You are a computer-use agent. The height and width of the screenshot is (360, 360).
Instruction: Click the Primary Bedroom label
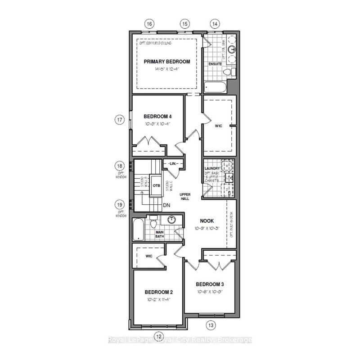click(166, 62)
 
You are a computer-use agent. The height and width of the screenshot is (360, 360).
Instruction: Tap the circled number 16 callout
click(150, 23)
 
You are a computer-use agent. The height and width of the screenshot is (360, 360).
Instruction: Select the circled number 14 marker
click(215, 23)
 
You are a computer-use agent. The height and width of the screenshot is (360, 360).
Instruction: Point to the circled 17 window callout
click(119, 120)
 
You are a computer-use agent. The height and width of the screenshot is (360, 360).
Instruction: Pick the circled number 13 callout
click(211, 325)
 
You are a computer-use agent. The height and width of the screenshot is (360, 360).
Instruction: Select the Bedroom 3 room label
click(210, 284)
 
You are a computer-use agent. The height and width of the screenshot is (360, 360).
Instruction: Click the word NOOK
click(207, 221)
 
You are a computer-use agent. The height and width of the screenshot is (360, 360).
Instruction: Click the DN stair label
click(166, 205)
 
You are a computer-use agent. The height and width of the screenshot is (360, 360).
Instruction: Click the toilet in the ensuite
click(227, 72)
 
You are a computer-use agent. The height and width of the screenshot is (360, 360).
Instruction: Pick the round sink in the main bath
click(172, 220)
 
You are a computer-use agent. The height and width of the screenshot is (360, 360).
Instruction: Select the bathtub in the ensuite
click(215, 86)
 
